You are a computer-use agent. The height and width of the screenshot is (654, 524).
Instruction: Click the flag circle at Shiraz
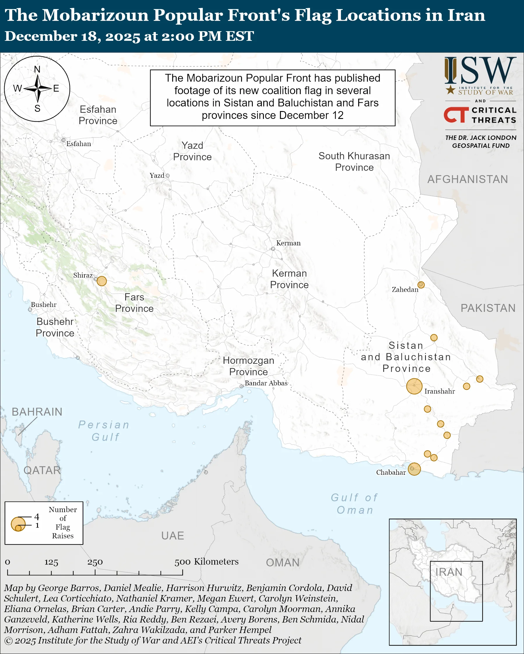pos(102,281)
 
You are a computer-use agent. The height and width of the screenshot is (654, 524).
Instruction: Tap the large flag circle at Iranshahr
pos(414,386)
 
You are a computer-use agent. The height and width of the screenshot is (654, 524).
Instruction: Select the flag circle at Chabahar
pos(414,469)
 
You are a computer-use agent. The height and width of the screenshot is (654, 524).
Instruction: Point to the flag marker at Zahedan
pos(421,284)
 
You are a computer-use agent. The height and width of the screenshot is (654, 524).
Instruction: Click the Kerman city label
pos(288,243)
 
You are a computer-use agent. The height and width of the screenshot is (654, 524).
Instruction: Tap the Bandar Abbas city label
pos(266,383)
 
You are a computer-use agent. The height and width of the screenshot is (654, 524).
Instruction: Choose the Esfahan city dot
pos(63,140)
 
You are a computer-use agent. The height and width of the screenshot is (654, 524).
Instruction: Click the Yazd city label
pos(157,175)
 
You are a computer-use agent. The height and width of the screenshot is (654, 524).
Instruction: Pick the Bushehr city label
pos(44,305)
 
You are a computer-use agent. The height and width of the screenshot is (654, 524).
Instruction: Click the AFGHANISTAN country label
pos(467,179)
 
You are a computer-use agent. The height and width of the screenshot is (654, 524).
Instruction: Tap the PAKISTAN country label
pos(488,308)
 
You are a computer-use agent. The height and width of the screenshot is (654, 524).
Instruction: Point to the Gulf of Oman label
pos(354,504)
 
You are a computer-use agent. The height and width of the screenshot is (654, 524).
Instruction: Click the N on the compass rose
pos(37,69)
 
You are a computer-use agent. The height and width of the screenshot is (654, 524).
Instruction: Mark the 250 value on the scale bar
pos(95,562)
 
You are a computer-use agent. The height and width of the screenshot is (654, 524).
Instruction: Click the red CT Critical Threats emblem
pos(456,115)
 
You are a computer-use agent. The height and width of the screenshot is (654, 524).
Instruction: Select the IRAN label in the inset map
pos(449,572)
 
